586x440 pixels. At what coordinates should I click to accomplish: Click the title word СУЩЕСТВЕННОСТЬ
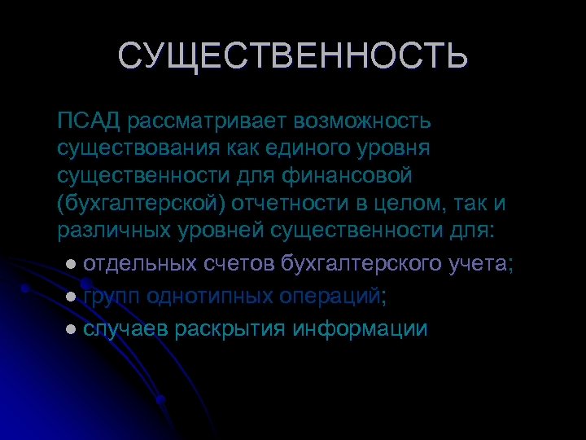pos(293,57)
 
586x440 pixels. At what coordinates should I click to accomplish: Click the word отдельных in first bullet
pos(139,264)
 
